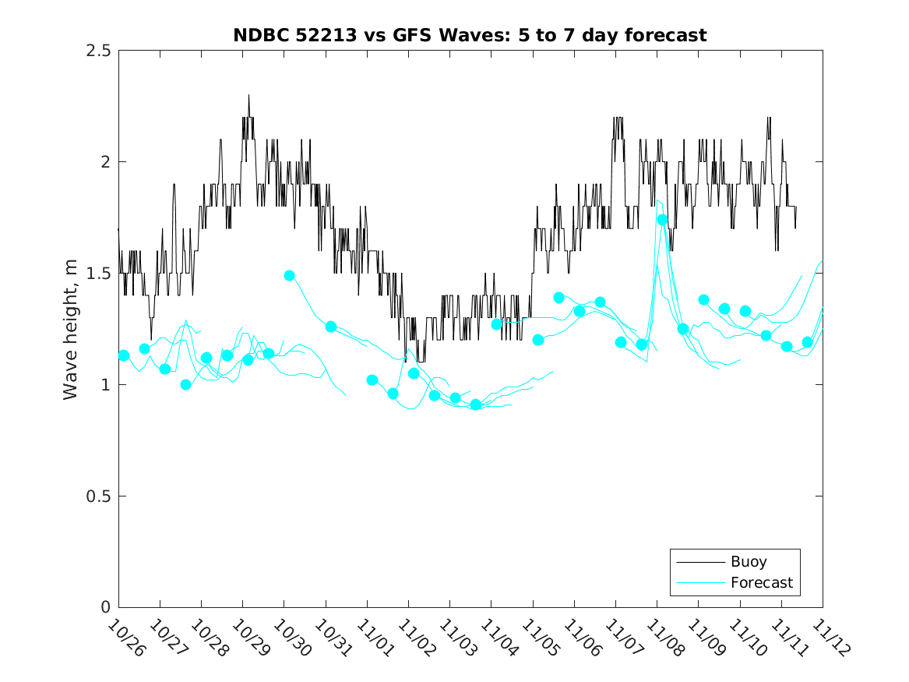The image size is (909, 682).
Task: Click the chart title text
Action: tap(470, 35)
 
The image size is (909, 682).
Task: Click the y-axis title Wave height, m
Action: tap(71, 329)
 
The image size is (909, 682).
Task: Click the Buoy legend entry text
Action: tap(748, 562)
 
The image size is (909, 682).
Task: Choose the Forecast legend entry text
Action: tap(761, 582)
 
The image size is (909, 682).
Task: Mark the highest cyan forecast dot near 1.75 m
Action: tap(663, 220)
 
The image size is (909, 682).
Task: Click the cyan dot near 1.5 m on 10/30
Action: tap(290, 276)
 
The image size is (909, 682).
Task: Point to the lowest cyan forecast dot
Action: tap(476, 405)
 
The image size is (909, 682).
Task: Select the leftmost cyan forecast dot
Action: tap(124, 355)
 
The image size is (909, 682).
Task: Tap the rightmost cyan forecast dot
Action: tap(807, 342)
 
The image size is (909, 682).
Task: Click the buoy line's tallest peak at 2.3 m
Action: tap(249, 96)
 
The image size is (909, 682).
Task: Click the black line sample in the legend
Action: tap(699, 562)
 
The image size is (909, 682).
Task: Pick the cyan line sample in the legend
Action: tap(699, 582)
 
